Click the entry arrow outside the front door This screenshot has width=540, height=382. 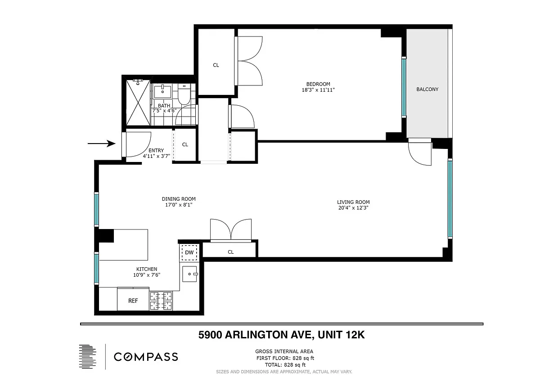point(101,144)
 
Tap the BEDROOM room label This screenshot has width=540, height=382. point(318,84)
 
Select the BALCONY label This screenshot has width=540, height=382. point(427,89)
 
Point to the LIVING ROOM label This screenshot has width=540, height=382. point(353,202)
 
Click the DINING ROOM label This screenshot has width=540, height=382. point(179,199)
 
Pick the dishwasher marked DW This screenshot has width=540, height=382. point(189,252)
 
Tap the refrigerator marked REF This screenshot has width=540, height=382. point(133,299)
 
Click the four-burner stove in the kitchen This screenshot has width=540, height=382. point(161,301)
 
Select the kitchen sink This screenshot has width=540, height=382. point(190,274)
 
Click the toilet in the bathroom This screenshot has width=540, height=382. point(184,94)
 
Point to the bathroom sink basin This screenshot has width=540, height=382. point(163,91)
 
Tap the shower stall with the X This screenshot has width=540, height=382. point(138,103)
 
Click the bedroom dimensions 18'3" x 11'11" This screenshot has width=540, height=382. point(318,90)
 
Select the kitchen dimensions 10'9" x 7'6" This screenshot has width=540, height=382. point(147,275)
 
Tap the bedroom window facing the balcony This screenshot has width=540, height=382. point(404,87)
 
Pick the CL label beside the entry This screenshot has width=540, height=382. point(185,144)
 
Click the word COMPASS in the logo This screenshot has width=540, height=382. point(146,357)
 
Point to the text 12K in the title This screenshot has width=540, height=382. point(355,335)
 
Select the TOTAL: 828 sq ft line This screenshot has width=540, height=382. point(285,365)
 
